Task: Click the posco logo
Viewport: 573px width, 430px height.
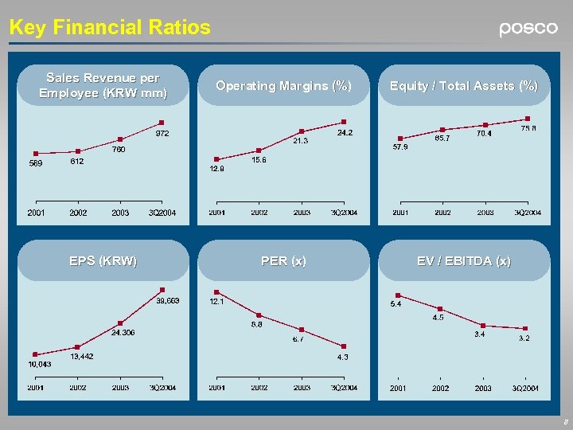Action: tap(528, 29)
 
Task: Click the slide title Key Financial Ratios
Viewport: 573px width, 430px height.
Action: tap(110, 28)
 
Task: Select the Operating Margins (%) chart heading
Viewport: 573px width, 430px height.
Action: tap(283, 86)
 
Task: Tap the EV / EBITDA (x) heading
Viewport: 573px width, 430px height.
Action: tap(464, 261)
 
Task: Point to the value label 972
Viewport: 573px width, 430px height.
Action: tap(162, 133)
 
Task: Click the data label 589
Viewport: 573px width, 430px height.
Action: tap(35, 164)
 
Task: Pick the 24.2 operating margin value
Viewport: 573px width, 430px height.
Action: tap(345, 132)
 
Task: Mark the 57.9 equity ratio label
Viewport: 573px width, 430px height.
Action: tap(400, 147)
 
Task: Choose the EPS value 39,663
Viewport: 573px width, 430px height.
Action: tap(167, 300)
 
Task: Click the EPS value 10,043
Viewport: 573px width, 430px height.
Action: tap(39, 364)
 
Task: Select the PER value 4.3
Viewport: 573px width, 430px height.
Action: tap(342, 358)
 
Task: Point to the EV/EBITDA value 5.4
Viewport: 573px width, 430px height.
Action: tap(396, 304)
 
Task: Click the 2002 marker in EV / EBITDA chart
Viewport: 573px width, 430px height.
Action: tap(440, 309)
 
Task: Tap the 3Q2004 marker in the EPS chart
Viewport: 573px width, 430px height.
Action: tap(162, 290)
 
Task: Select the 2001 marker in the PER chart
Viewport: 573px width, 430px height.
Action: tap(216, 292)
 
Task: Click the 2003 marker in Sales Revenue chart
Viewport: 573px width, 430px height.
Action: tap(120, 139)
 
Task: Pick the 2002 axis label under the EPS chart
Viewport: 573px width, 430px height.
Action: tap(78, 388)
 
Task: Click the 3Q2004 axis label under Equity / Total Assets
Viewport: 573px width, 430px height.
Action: tap(527, 213)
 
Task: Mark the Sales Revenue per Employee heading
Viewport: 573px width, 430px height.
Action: tap(103, 85)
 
